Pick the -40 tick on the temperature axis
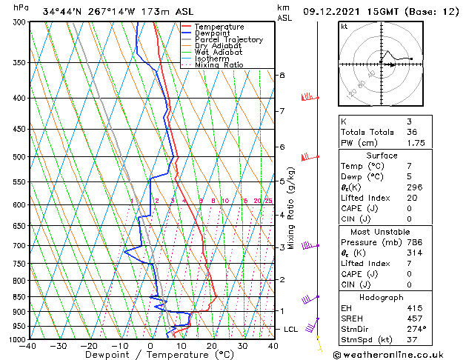coord(29,347)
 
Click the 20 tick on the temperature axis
coord(211,347)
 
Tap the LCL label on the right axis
coord(292,329)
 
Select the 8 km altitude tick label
coord(282,76)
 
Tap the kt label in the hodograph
coord(344,26)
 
